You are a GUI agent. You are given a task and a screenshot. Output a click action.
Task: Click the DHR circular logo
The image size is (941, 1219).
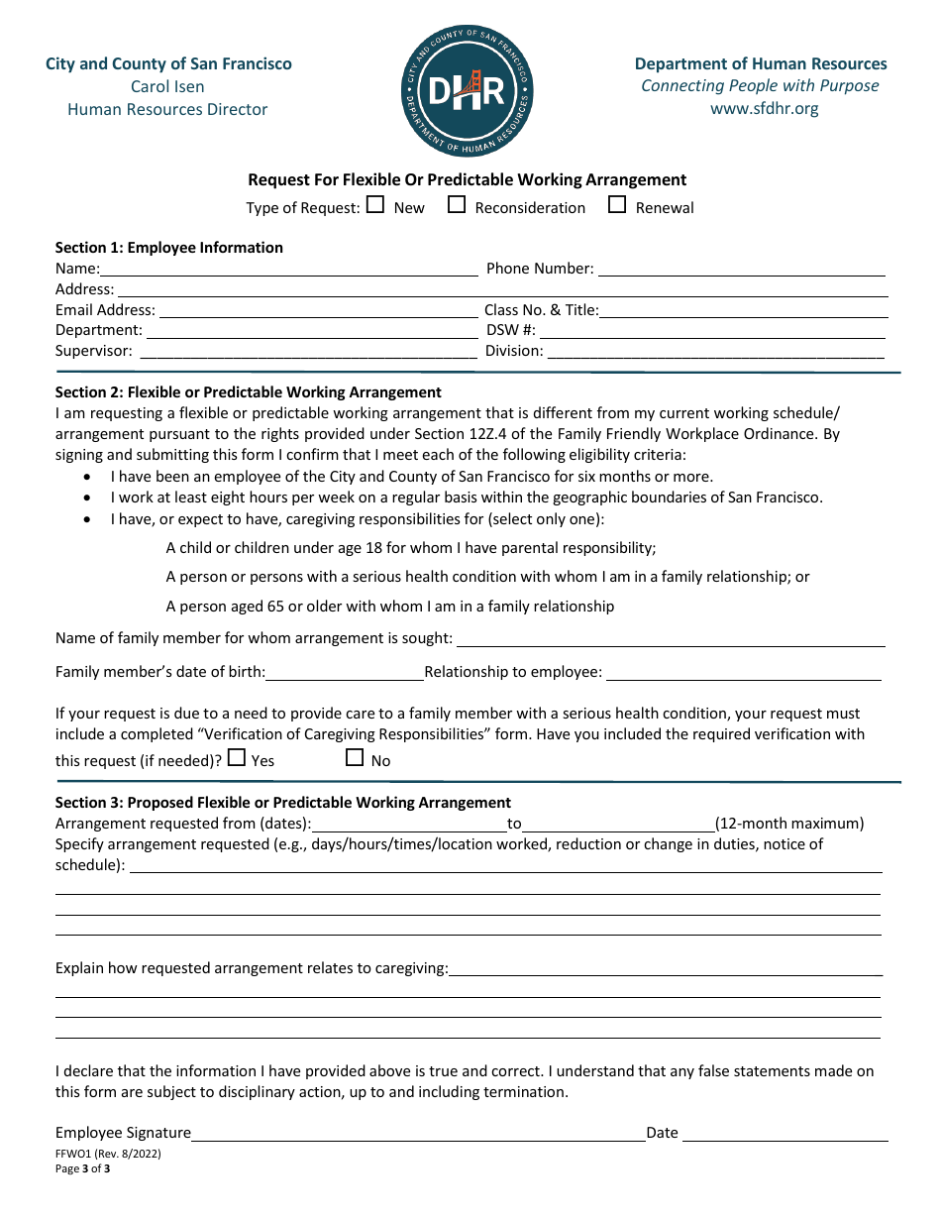468,91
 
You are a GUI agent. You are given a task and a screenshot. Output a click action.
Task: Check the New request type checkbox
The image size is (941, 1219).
375,205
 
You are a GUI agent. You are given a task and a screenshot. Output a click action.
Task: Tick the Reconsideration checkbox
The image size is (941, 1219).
457,205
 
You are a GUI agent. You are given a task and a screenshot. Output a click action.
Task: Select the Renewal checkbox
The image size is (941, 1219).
617,205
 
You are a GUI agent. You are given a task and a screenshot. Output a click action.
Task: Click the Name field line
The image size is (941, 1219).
288,270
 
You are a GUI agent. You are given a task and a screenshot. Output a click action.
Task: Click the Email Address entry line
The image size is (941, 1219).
316,311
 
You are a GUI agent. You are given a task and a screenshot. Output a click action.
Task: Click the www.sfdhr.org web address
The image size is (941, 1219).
764,108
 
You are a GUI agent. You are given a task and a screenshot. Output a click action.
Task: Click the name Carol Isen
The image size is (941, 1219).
167,87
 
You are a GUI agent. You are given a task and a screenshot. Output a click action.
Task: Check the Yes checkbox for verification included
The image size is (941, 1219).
237,758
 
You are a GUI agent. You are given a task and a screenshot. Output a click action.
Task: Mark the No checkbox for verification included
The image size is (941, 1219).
355,758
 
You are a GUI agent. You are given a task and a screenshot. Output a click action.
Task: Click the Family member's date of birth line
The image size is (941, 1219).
344,673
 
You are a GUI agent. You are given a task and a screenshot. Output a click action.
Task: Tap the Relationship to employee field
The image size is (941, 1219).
743,673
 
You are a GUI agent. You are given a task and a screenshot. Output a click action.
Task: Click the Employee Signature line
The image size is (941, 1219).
418,1134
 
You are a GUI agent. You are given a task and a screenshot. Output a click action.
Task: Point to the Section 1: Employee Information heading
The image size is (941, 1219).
169,248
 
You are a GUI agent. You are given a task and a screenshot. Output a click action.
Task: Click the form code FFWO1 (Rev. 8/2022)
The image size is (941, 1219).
108,1154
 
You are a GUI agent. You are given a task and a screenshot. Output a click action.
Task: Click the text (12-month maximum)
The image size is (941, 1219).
789,824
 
